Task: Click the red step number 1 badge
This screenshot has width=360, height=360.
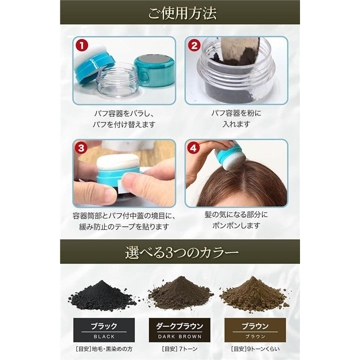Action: coord(82,45)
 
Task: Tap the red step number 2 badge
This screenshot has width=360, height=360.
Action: coord(194,45)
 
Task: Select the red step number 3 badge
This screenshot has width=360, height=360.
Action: coord(81,148)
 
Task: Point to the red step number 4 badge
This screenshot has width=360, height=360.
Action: coord(193,148)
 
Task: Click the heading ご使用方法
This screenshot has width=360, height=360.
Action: coord(182,13)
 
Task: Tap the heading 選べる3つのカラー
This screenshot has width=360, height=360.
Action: coord(182,252)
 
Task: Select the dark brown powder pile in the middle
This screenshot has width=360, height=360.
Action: coord(180,292)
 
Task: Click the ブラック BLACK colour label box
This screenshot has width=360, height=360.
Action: coord(104,330)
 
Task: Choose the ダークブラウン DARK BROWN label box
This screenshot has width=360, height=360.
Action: coord(179,330)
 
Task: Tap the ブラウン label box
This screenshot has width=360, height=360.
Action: coord(255,330)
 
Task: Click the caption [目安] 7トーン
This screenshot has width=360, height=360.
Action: coord(179,349)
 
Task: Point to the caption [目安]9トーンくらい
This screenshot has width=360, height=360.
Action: coord(255,349)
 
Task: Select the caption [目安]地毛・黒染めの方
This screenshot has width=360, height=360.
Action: coord(104,349)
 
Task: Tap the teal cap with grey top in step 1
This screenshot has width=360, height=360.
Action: coord(154,70)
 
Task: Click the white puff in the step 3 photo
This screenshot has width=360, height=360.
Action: coord(118,162)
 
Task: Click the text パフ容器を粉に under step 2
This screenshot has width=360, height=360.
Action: coord(236,113)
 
